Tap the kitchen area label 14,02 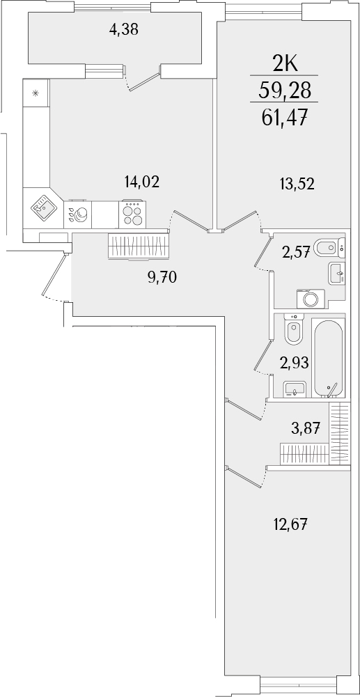click(142, 182)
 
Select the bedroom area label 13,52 click(297, 184)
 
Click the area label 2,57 click(295, 252)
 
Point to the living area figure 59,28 click(285, 89)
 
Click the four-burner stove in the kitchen click(134, 212)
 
